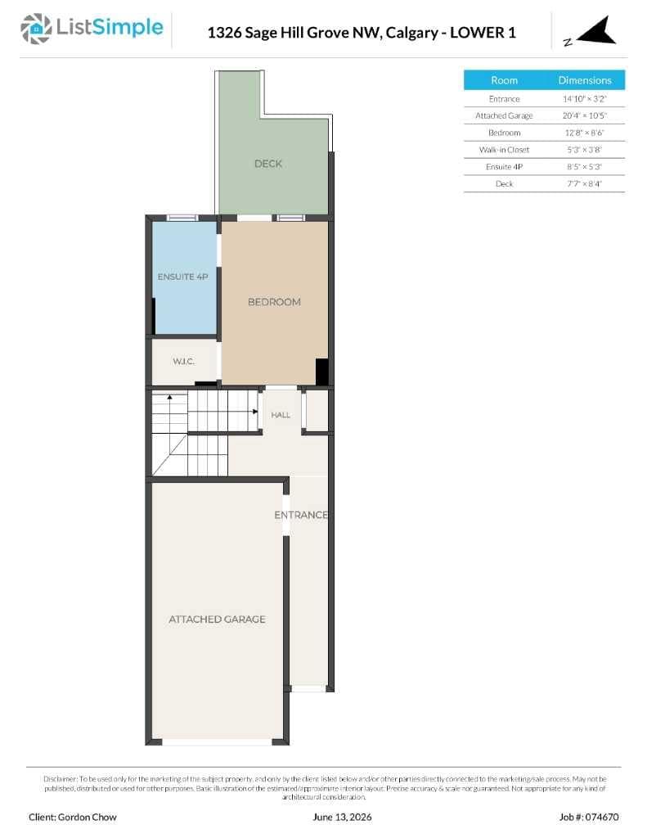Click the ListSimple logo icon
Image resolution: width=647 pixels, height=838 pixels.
point(36,29)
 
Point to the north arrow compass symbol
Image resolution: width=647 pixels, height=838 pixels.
point(595,32)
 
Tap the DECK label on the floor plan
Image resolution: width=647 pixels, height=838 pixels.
point(268,164)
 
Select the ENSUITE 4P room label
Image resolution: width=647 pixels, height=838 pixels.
point(182,277)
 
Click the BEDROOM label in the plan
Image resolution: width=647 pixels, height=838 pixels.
point(274,302)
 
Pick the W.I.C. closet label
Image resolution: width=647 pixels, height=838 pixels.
point(184,361)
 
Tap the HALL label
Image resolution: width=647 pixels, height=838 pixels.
point(281,415)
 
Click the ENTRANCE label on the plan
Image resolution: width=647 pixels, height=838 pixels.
point(301,515)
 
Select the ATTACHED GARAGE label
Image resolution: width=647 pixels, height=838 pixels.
point(217,619)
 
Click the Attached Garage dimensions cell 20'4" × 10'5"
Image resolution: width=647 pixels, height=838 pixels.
point(585,115)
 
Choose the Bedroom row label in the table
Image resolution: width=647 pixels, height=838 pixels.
point(505,133)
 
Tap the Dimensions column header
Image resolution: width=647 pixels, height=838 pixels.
point(585,80)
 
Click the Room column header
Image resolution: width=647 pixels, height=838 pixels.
point(505,80)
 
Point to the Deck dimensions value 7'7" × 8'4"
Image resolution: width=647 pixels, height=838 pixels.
point(585,183)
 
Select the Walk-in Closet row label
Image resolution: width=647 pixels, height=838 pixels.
point(505,150)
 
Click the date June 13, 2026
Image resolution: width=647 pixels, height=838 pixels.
point(342,817)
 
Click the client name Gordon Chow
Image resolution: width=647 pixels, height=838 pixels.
point(87,817)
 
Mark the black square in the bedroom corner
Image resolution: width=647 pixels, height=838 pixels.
point(322,372)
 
